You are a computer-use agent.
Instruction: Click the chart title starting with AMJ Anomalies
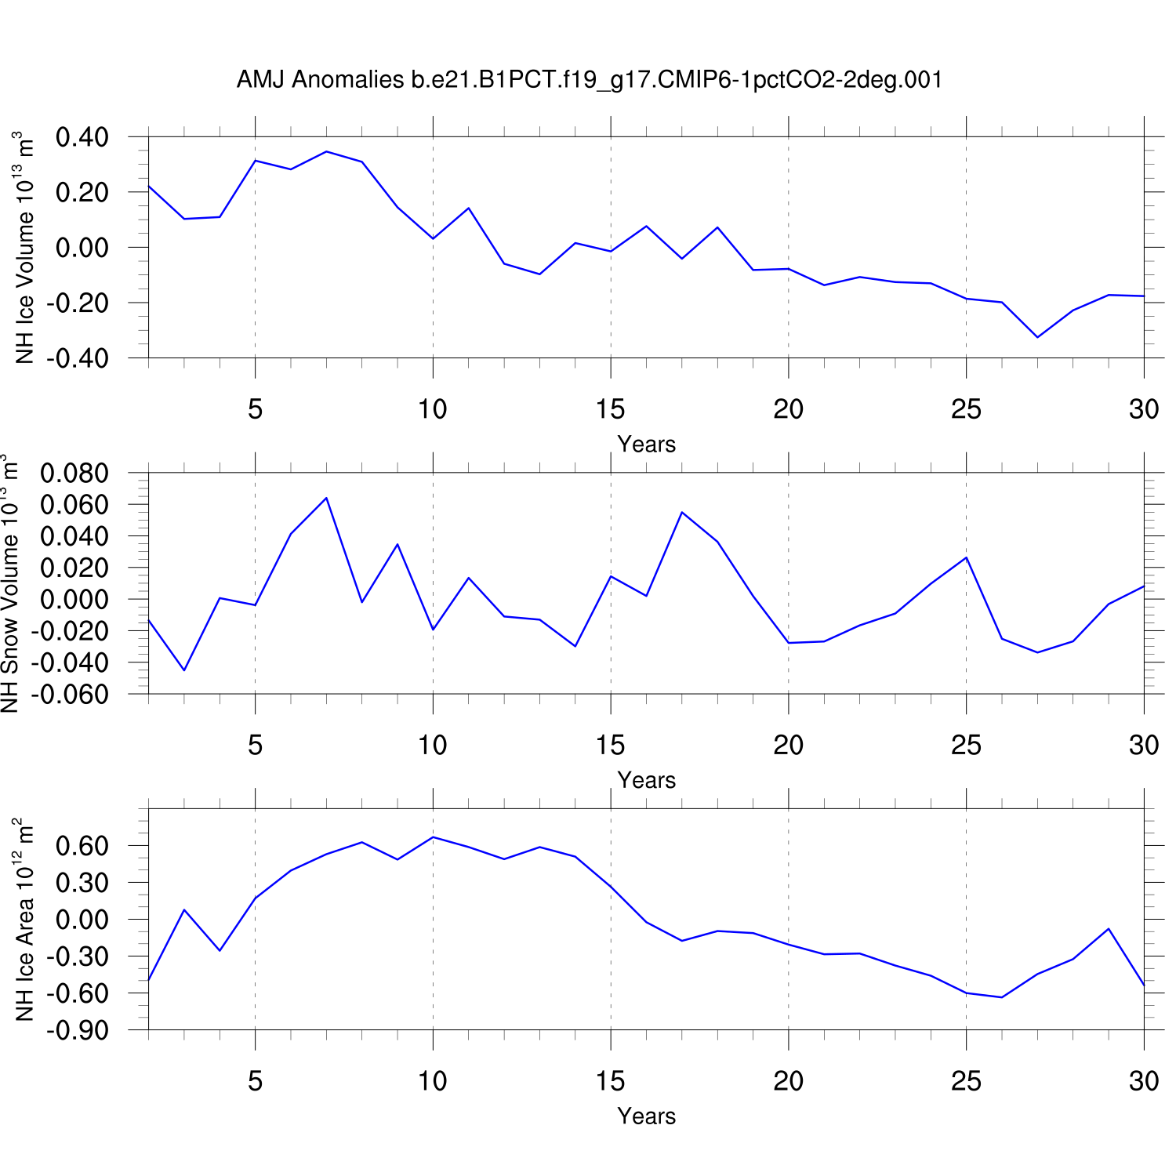click(589, 80)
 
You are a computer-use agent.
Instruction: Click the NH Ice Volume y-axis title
click(24, 248)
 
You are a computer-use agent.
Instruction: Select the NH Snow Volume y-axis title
click(9, 583)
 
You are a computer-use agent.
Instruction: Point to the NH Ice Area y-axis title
click(24, 920)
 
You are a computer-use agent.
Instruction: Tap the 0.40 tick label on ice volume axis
click(82, 137)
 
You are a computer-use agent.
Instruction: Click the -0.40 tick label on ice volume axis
click(77, 358)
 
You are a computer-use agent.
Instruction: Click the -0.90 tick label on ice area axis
click(77, 1030)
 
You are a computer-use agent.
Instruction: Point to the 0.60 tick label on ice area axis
click(82, 846)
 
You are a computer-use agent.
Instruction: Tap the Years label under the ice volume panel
click(646, 445)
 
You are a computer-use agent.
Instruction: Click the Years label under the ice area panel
click(646, 1116)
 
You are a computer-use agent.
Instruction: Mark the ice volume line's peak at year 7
click(326, 151)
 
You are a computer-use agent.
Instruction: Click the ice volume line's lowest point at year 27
click(1038, 337)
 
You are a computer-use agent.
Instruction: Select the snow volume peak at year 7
click(326, 498)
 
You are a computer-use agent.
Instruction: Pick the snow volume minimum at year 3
click(184, 670)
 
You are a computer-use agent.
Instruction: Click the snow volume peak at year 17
click(682, 513)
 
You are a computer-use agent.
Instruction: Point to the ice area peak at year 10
click(433, 837)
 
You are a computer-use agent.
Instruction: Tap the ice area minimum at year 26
click(1002, 997)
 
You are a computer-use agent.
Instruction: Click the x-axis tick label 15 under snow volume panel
click(610, 745)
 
